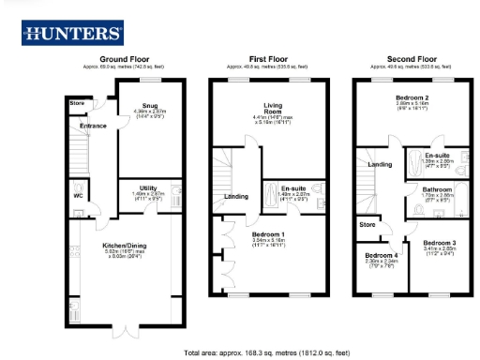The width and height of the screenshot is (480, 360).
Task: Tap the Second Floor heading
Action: [402, 58]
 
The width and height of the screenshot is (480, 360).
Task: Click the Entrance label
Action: [93, 125]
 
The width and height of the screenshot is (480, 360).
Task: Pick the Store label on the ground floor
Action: [75, 103]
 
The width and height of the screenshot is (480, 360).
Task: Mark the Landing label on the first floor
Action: [236, 197]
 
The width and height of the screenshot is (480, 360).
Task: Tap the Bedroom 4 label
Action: [381, 255]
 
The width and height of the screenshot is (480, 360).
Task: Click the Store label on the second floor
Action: [367, 225]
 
